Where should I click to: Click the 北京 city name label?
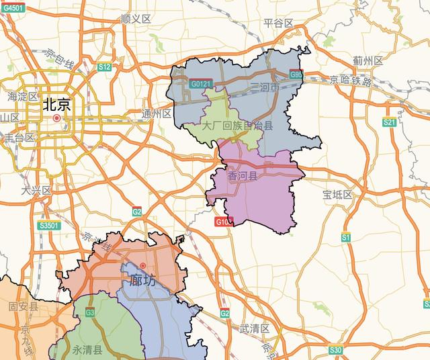[57, 104]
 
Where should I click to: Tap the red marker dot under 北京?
[57, 118]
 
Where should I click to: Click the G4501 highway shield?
[13, 8]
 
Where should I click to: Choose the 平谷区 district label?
[279, 23]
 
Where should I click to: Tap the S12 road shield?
[103, 67]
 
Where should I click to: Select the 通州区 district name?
[157, 114]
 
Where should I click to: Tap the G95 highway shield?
[297, 75]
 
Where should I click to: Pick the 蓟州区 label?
[368, 61]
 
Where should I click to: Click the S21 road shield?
[389, 122]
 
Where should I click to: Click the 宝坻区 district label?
[337, 195]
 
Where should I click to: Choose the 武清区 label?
[254, 328]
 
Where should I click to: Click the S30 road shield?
[335, 350]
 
